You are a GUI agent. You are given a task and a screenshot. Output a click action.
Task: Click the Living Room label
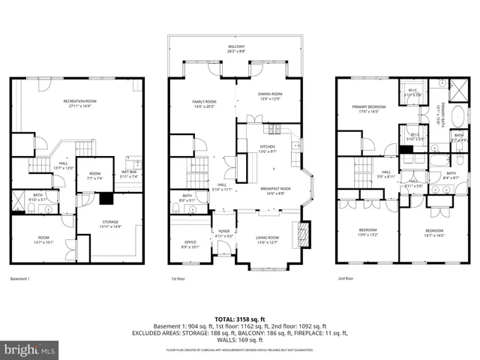pos(268,240)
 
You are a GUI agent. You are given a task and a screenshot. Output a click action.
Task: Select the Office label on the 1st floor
pos(190,243)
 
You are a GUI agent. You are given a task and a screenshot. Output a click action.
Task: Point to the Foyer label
pos(224,234)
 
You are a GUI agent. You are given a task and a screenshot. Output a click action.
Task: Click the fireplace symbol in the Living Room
pos(303,234)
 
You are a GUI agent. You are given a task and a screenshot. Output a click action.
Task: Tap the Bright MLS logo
pos(30,349)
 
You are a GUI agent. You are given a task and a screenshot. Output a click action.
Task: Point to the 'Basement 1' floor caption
pos(19,279)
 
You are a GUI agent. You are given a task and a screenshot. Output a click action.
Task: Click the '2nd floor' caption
pos(346,279)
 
